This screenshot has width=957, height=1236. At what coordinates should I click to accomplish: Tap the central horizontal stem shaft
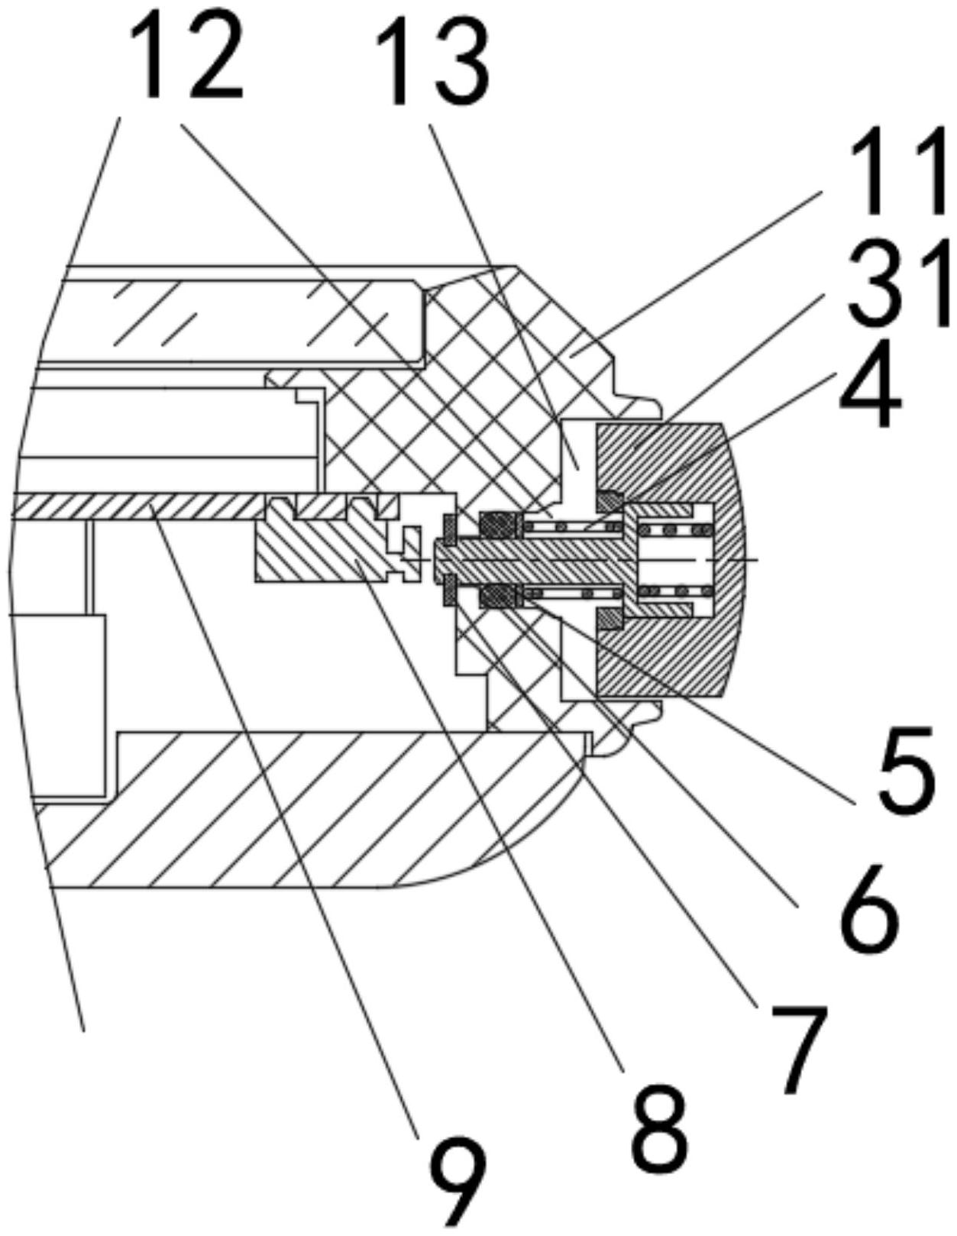coord(535,560)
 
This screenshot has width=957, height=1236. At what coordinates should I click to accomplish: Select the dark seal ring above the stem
coord(497,524)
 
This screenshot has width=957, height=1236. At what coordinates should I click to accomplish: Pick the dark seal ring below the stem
coord(497,595)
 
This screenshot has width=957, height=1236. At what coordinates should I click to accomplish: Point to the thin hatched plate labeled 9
coord(137,505)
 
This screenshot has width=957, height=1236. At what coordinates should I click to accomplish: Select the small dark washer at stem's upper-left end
coord(449,527)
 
